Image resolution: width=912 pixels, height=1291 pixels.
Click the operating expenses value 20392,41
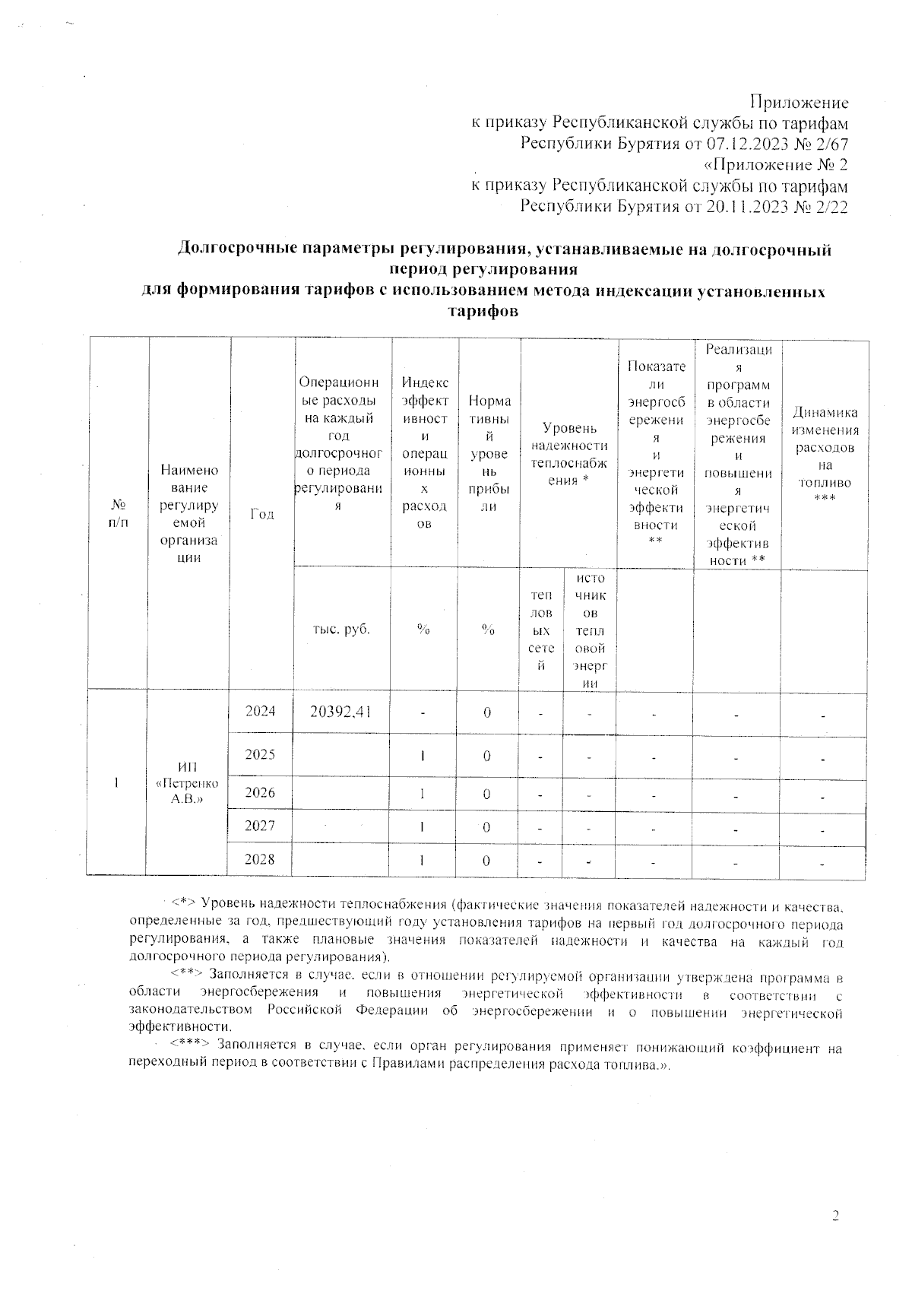click(x=340, y=712)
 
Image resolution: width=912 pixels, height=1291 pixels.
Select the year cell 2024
click(x=260, y=711)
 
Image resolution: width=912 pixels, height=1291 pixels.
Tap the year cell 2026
click(x=260, y=792)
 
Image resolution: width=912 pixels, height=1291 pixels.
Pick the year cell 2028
click(x=260, y=859)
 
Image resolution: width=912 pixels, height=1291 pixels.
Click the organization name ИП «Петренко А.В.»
click(x=186, y=783)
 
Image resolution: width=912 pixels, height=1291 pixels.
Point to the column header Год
click(x=261, y=514)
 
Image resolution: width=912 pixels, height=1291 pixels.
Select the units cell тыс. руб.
click(x=341, y=630)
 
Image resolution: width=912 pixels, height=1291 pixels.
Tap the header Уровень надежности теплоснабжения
click(x=569, y=455)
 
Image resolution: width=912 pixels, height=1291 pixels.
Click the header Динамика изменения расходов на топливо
click(x=825, y=455)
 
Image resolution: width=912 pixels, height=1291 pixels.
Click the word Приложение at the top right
click(x=799, y=102)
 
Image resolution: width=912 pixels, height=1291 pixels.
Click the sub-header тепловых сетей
click(x=541, y=630)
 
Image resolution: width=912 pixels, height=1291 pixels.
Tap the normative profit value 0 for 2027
click(x=486, y=827)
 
